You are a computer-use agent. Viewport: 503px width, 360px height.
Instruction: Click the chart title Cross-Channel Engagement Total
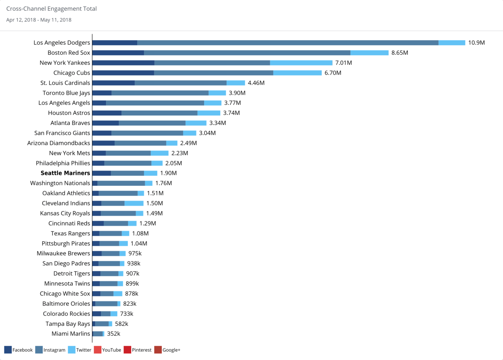tap(51, 9)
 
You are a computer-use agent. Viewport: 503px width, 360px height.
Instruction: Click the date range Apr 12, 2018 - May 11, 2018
tap(39, 20)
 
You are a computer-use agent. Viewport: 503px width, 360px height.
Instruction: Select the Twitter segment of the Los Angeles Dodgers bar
tap(452, 43)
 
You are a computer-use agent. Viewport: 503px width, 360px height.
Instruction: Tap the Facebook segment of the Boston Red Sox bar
tap(118, 53)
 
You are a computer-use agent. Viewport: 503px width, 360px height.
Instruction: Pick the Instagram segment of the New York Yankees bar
tap(212, 63)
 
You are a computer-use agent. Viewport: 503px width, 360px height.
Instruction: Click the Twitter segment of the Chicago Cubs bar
tap(297, 73)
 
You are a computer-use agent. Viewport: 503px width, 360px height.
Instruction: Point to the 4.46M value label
tap(256, 83)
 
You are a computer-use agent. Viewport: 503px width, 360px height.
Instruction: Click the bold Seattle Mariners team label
tap(65, 173)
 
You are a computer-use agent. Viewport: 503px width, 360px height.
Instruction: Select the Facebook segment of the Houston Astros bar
tap(107, 113)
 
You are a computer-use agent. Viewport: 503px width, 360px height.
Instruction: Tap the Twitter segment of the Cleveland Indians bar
tap(134, 203)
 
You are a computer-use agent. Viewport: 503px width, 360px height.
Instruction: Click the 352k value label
tap(114, 334)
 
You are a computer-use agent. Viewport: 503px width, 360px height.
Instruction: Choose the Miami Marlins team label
tap(71, 334)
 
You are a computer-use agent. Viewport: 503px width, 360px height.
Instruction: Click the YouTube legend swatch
tap(97, 350)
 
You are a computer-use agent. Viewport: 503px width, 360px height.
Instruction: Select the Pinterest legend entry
tap(138, 350)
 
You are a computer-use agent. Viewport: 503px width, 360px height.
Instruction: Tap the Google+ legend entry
tap(167, 350)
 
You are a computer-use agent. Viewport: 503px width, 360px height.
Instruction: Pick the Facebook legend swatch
tap(8, 350)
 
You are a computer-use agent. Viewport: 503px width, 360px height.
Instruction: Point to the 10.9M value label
tap(476, 43)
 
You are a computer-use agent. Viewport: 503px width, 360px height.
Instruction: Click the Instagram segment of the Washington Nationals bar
tap(121, 183)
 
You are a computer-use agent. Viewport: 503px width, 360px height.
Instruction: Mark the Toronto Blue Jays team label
tap(66, 93)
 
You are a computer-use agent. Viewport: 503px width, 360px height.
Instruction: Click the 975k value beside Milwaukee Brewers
tap(135, 253)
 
